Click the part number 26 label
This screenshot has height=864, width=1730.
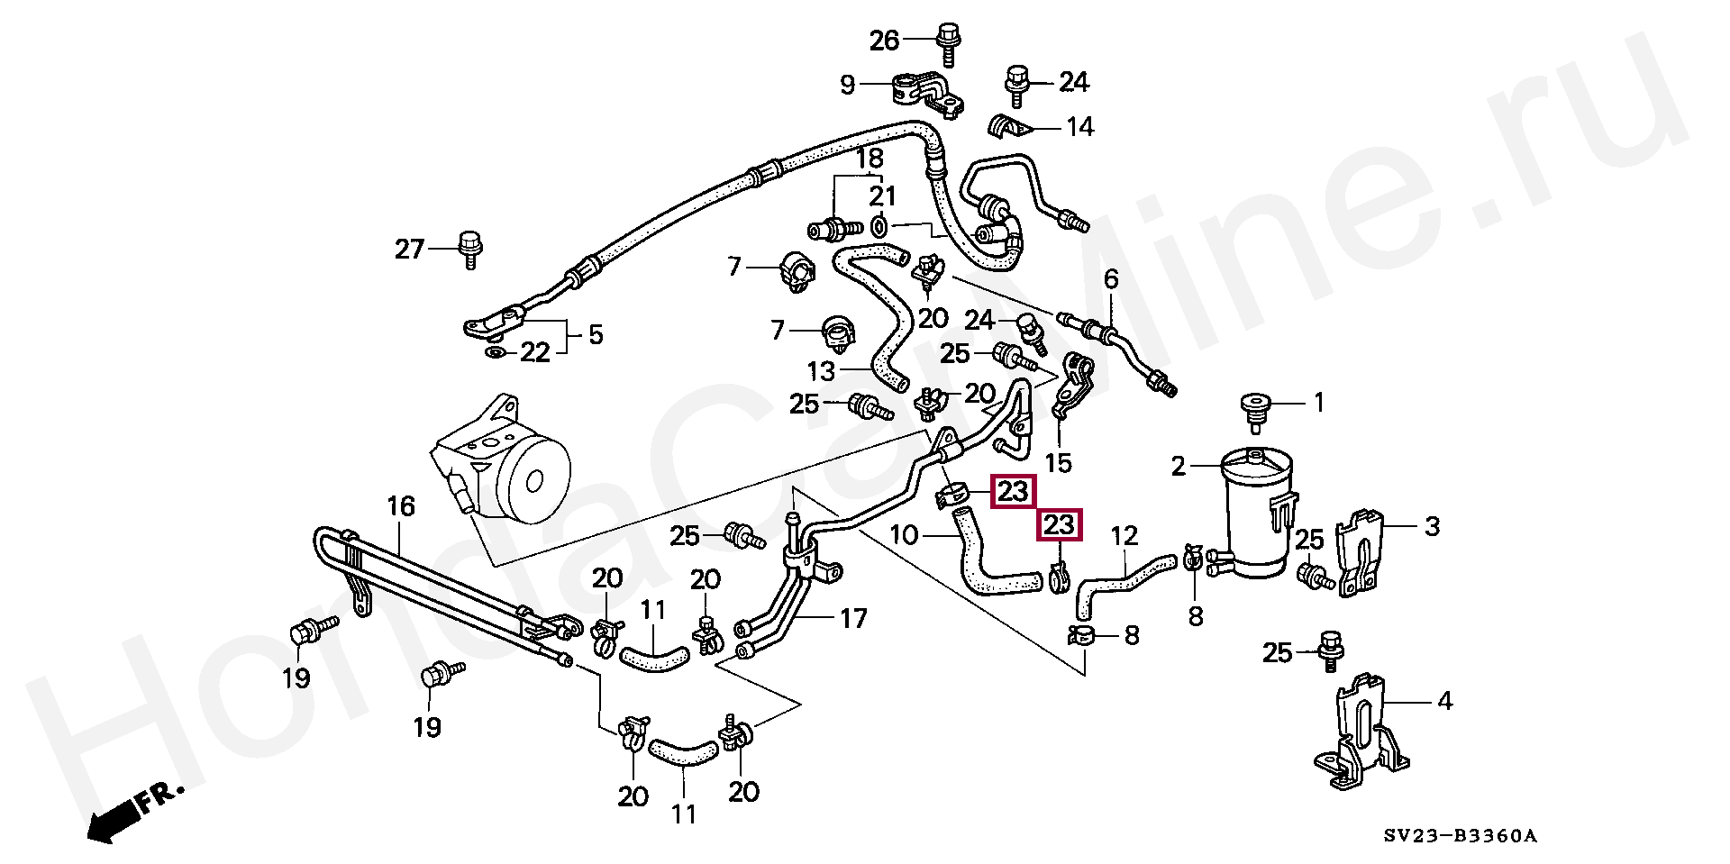click(884, 40)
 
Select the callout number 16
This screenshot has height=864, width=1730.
click(401, 506)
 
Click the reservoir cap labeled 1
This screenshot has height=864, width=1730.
click(1252, 408)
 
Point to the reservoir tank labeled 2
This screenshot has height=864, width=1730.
click(1257, 514)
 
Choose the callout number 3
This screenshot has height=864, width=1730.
click(1432, 526)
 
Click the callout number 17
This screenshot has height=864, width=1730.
click(852, 619)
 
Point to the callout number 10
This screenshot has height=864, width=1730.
click(903, 535)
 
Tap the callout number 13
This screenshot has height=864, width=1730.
click(821, 371)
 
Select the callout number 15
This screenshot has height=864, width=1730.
click(1058, 463)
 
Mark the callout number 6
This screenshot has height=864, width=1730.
click(1111, 279)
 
